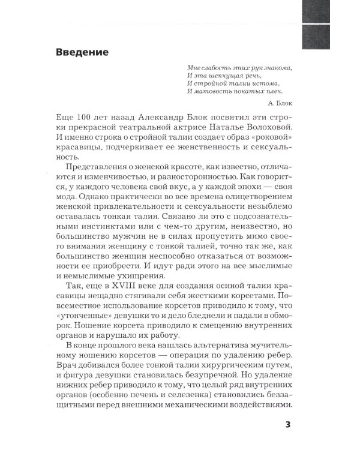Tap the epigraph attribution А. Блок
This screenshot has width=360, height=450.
tap(277, 103)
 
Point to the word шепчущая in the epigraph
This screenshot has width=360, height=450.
tap(222, 76)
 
